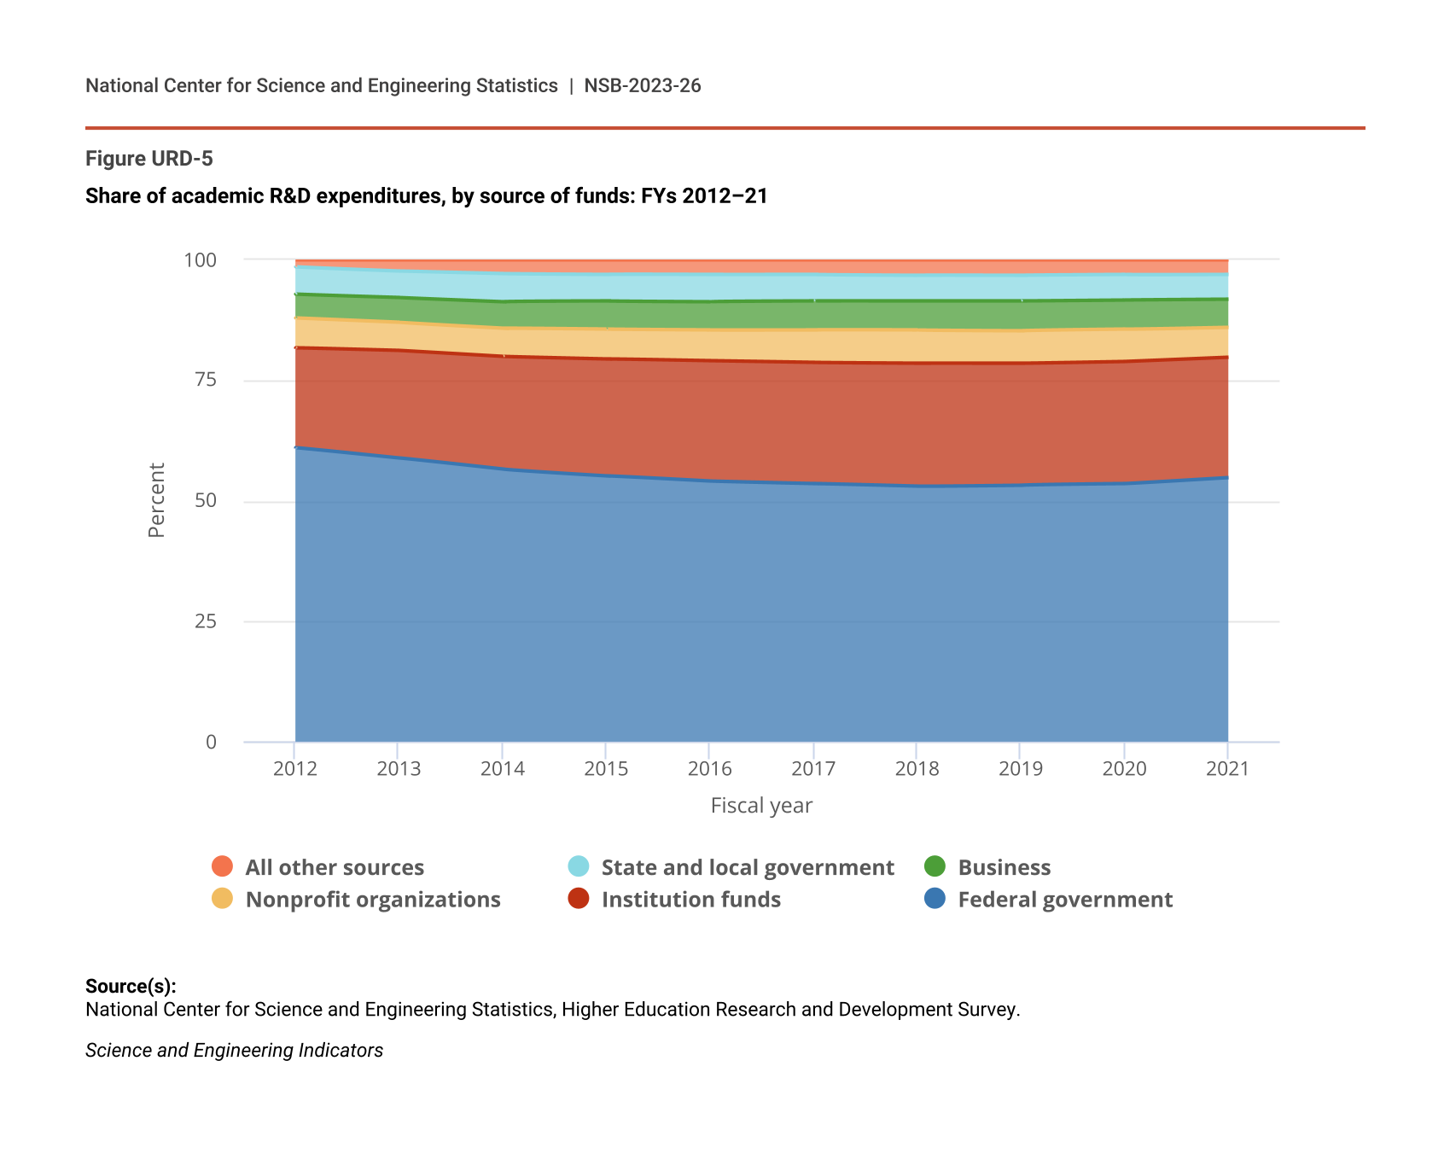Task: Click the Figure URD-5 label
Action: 149,159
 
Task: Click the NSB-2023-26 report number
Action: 642,85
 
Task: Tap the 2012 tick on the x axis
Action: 295,768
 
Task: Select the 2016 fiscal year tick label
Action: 710,768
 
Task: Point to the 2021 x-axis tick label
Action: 1227,768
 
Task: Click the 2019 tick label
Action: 1021,768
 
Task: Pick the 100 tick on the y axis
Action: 201,259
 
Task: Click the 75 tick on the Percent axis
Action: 206,380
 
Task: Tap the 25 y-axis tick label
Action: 206,621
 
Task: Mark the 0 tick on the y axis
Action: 211,742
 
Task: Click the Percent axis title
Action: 156,500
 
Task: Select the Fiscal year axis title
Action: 761,806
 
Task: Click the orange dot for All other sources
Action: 222,866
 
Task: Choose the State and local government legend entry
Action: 748,867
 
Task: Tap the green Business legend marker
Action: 935,866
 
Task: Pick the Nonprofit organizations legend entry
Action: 373,900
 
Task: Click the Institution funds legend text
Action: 691,900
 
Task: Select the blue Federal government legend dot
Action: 935,899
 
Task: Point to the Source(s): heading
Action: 131,987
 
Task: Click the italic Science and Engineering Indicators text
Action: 235,1051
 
